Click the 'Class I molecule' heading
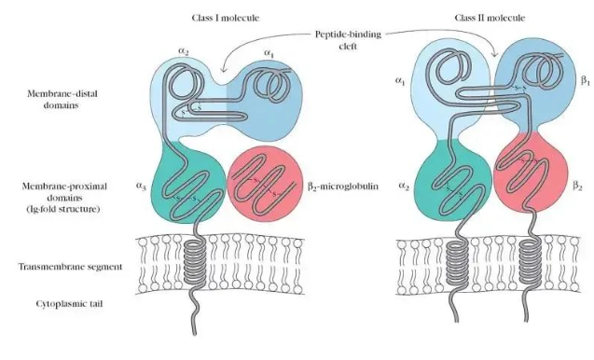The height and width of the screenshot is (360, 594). point(226,18)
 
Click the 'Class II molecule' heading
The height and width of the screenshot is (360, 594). point(490,18)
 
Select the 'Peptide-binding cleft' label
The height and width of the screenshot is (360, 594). point(348,40)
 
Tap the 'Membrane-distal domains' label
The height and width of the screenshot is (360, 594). point(62,99)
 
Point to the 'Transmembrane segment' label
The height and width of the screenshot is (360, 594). point(71,267)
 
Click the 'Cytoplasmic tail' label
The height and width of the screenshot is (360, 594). point(69,303)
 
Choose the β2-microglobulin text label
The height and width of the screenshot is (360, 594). point(343,187)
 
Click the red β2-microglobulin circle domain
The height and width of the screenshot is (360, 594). point(265,184)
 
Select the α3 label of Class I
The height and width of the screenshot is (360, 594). point(141,187)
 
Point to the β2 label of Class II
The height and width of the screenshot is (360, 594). point(577,186)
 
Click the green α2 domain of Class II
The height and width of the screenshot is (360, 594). point(452,180)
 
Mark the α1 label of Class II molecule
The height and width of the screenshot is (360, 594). point(400,80)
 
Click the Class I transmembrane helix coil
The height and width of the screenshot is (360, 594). point(194,261)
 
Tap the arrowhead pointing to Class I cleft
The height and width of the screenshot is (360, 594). point(223,69)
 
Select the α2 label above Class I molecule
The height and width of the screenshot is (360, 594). point(183,51)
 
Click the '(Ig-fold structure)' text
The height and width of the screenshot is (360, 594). point(62,209)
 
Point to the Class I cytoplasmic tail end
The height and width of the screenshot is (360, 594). point(195,334)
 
